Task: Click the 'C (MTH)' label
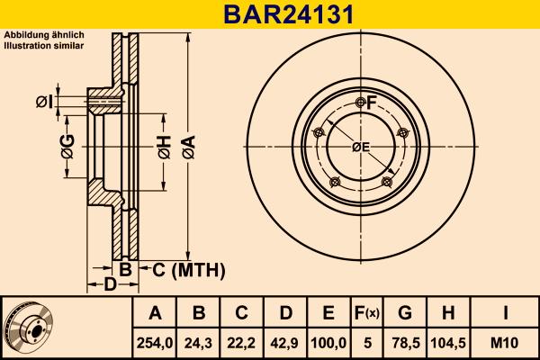(x=183, y=270)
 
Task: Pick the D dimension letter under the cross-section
(x=109, y=286)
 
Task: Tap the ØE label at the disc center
(x=361, y=147)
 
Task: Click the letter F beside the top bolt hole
(x=371, y=103)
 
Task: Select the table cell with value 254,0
(x=156, y=343)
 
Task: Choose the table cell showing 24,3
(x=199, y=343)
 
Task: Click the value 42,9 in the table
(x=285, y=343)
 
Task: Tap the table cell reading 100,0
(x=328, y=343)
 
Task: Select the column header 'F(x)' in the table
(x=366, y=313)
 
